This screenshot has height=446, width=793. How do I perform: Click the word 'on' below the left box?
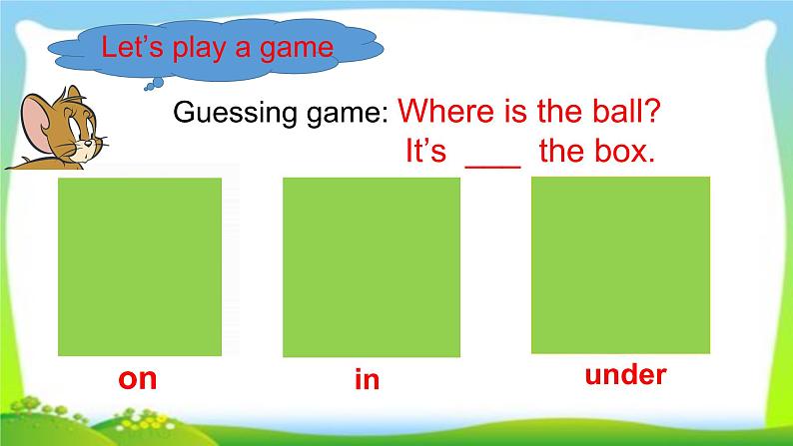(x=138, y=380)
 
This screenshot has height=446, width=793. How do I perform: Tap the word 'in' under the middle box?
(x=368, y=380)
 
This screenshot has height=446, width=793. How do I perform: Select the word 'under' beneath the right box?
(x=624, y=375)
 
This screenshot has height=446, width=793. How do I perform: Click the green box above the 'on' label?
(x=140, y=266)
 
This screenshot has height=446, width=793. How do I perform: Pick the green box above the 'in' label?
(x=372, y=266)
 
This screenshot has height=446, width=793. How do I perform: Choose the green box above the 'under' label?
(x=620, y=264)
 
